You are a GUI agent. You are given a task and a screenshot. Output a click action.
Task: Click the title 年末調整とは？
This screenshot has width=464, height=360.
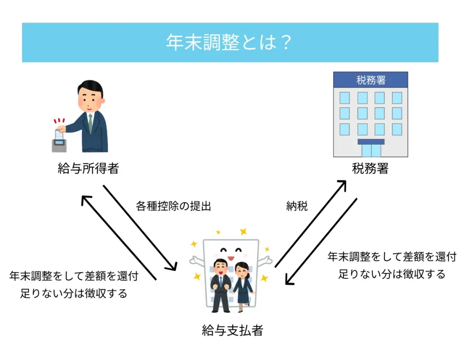point(230,43)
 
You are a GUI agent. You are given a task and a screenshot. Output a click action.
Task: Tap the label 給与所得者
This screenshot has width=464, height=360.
point(88,169)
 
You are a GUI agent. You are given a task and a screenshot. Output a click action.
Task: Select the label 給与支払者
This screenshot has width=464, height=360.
point(232,330)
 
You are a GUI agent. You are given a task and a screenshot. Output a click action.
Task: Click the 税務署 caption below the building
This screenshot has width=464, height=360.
point(370,169)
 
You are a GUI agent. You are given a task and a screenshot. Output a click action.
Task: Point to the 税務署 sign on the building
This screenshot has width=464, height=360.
point(371,80)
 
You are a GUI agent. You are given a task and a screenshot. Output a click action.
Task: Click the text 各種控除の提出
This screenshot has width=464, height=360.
point(174,206)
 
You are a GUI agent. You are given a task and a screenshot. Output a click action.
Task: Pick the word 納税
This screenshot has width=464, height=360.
point(297,206)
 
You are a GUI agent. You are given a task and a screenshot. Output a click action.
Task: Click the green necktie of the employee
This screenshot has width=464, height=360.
point(91,123)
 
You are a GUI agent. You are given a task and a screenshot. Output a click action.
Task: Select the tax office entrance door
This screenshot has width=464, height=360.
point(371,150)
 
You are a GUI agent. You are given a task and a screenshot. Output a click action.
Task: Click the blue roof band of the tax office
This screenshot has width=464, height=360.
point(371,80)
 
